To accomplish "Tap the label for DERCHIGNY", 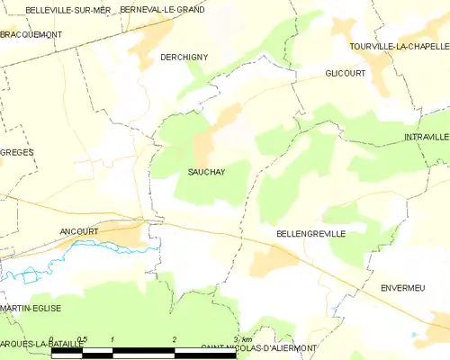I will [184, 57].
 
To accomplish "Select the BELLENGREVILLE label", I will [310, 233].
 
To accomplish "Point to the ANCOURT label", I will [78, 230].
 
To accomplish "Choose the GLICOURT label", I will [346, 74].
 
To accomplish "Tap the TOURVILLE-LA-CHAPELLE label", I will [400, 45].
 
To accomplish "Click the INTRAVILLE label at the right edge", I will [426, 137].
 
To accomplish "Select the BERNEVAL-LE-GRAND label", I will [162, 8].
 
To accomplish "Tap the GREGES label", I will [17, 152].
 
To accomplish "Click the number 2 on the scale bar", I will [174, 340].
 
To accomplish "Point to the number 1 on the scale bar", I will [112, 340].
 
